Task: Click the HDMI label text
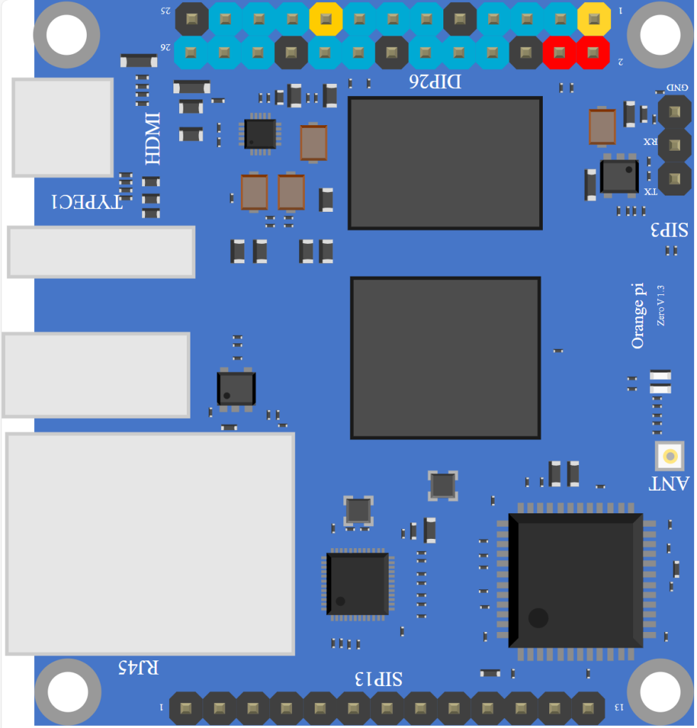152,138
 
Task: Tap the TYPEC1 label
87,203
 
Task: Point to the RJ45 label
139,668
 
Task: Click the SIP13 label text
379,679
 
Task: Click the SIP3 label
669,230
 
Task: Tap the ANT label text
669,484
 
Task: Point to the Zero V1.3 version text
661,305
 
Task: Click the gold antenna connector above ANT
669,456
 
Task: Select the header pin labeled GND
674,111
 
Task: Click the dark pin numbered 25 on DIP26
192,18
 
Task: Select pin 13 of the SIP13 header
588,708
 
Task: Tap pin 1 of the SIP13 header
186,708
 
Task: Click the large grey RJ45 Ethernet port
150,543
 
